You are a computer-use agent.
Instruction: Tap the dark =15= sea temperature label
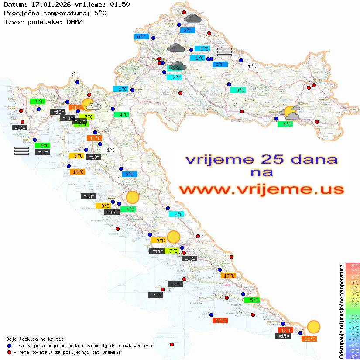pos(284,336)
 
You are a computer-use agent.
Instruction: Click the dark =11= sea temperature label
pos(67,118)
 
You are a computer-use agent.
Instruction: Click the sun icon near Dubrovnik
pos(313,326)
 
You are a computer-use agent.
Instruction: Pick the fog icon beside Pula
pos(21,151)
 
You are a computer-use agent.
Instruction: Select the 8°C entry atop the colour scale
pos(353,266)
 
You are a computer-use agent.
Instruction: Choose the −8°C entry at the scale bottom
pos(353,356)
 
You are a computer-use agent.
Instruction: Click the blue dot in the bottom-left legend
pos(10,346)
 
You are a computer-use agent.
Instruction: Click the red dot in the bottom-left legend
pos(10,352)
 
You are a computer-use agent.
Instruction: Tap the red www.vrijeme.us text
pos(261,189)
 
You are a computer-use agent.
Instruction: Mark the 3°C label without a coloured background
pos(75,75)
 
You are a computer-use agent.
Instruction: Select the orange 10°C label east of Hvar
pos(229,276)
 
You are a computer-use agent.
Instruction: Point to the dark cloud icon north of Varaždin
pos(192,18)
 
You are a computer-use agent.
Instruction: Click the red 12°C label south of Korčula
pos(220,321)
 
